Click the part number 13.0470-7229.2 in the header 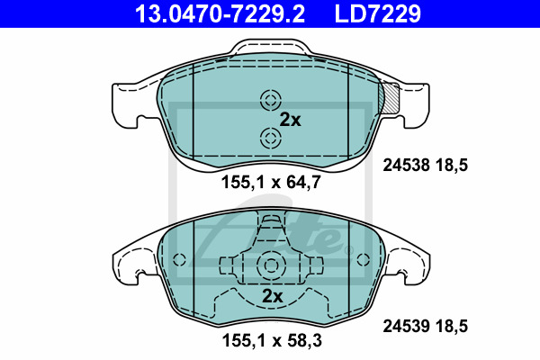tap(220, 13)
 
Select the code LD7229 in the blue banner tap(378, 13)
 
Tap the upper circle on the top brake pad tap(271, 101)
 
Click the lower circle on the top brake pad tap(271, 139)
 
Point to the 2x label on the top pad tap(290, 120)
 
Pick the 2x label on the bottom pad tap(272, 296)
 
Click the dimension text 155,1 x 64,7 tap(271, 182)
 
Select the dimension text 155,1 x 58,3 tap(272, 340)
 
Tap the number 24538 tap(406, 166)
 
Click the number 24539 tap(406, 326)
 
